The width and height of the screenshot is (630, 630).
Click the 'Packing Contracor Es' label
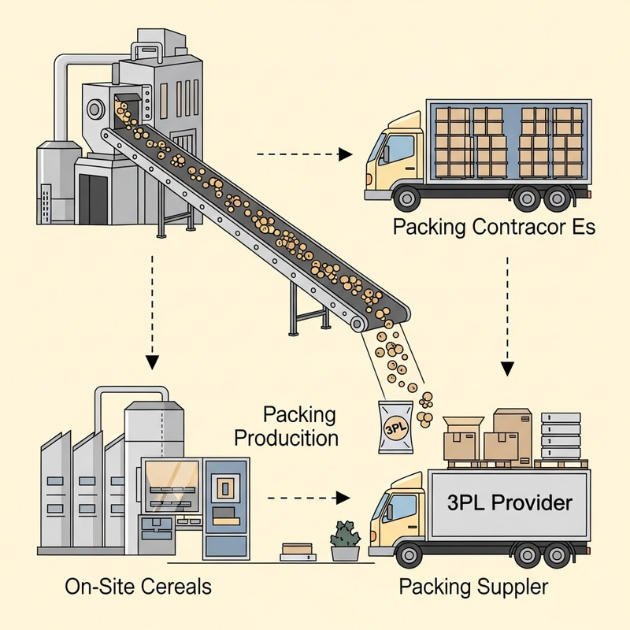(x=494, y=228)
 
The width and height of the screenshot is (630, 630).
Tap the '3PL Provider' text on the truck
(x=509, y=502)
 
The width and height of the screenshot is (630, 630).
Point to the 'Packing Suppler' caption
(x=473, y=587)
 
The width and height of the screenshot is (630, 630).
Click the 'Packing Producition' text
(x=300, y=426)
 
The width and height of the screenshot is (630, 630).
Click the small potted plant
(x=345, y=541)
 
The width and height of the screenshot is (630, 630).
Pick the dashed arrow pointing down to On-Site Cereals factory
(x=152, y=315)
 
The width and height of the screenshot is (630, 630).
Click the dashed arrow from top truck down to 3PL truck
(x=508, y=315)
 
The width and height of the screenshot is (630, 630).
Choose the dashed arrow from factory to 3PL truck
(x=307, y=498)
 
